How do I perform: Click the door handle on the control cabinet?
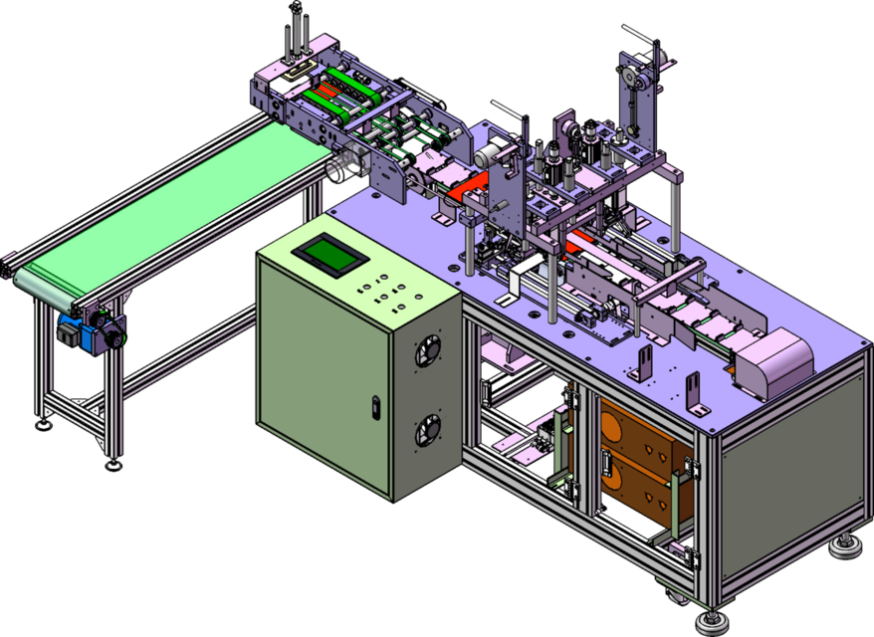coord(375,406)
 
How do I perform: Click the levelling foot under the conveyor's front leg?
coord(113,460)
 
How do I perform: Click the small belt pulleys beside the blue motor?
coord(109,333)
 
